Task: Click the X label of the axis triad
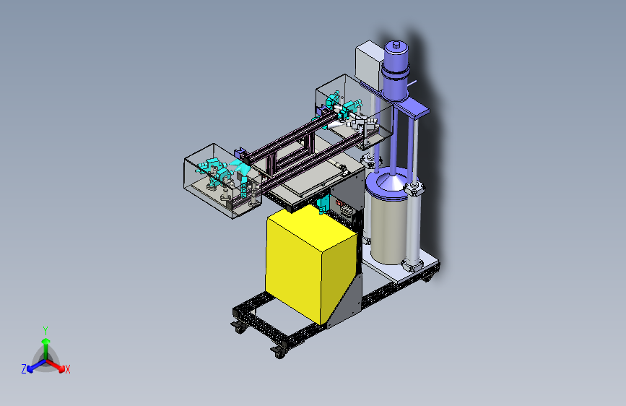[67, 370]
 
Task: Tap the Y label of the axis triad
[45, 330]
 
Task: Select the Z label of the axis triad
[24, 369]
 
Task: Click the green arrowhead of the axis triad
[46, 341]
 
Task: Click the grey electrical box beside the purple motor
[369, 64]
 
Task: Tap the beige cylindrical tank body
[388, 228]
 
